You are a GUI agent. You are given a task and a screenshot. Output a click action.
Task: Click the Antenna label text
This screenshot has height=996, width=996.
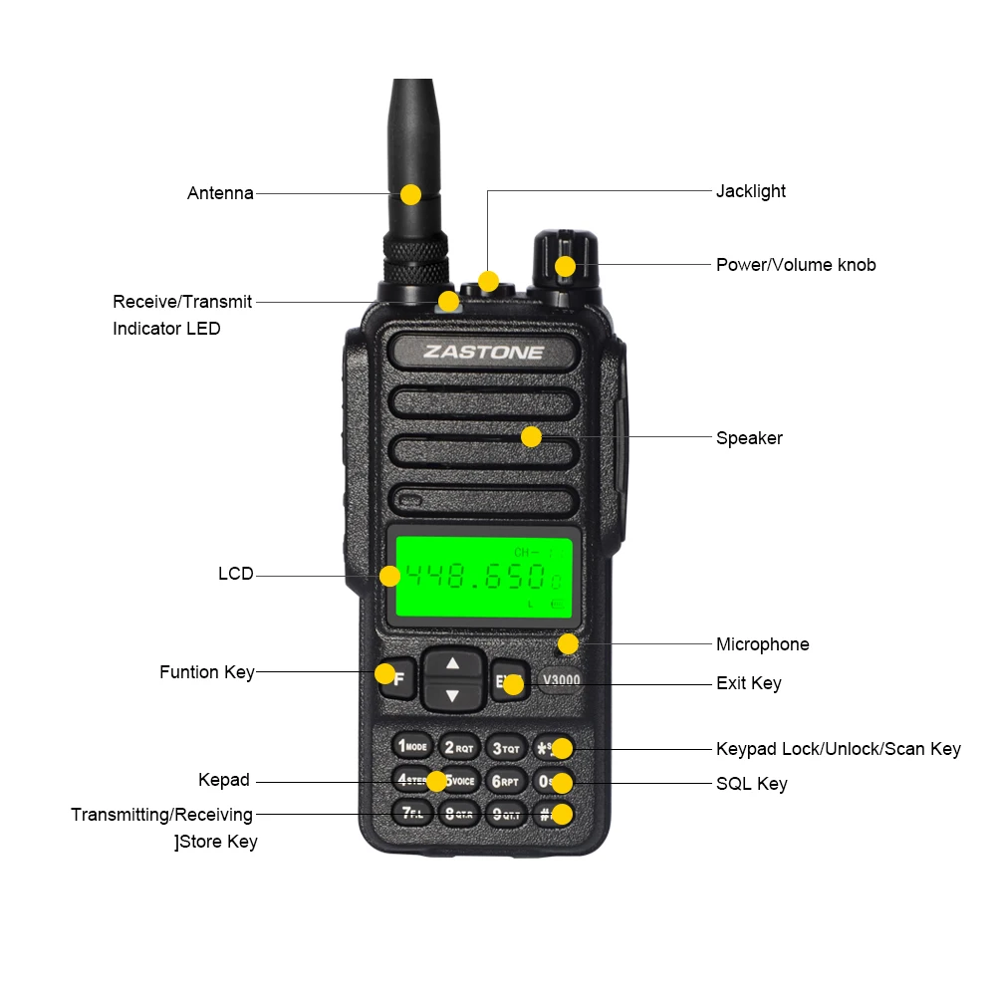[x=220, y=193]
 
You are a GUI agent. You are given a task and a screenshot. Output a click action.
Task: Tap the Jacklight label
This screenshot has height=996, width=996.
[x=750, y=191]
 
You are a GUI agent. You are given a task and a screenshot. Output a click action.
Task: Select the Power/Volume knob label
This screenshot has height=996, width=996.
[x=796, y=265]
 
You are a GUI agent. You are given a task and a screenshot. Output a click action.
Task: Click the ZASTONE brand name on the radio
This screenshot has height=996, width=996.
[x=484, y=352]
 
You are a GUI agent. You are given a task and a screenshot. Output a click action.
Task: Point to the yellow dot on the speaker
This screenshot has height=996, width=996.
[x=531, y=436]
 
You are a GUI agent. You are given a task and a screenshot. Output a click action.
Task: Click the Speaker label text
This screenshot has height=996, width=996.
[x=749, y=438]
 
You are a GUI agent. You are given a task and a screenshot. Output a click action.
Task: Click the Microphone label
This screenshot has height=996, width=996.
[x=762, y=644]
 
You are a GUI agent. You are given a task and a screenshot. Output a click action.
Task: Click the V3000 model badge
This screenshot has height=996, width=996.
[x=561, y=680]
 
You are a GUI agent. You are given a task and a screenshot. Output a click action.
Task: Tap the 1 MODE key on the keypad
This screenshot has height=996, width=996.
[x=411, y=746]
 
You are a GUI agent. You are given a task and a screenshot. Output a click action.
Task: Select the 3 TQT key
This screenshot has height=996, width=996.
[x=506, y=747]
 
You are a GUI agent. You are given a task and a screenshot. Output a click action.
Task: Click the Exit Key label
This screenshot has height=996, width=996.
[x=748, y=683]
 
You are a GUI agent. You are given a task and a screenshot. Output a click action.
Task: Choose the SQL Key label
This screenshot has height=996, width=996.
[x=751, y=784]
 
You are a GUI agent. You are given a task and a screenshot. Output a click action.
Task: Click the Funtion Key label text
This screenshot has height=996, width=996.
[x=206, y=672]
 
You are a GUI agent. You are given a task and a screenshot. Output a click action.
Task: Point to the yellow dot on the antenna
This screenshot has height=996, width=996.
[x=410, y=193]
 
